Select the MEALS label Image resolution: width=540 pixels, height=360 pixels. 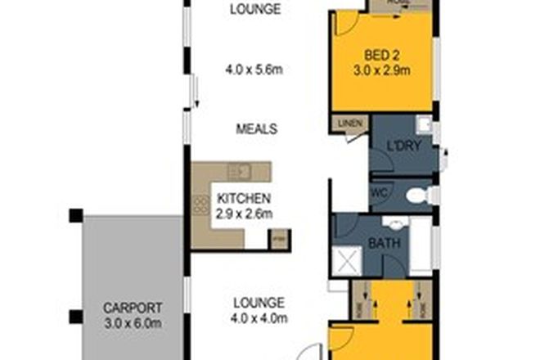256,129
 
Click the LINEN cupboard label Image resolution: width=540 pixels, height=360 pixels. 349,124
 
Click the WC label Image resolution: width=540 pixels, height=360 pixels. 380,193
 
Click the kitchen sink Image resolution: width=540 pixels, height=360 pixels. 241,172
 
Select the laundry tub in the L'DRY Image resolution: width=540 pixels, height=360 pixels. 423,125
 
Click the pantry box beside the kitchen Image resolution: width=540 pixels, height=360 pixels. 279,240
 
